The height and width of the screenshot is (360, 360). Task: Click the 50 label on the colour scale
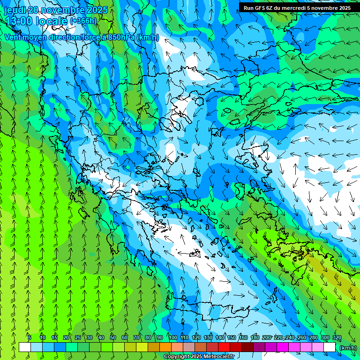pyautogui.click(x=113, y=337)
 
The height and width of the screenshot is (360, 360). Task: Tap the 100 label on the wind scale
pyautogui.click(x=173, y=337)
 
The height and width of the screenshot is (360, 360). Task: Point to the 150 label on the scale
pyautogui.click(x=232, y=337)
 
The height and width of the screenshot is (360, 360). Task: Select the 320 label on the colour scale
pyautogui.click(x=337, y=337)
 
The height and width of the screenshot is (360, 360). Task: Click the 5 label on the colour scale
pyautogui.click(x=30, y=337)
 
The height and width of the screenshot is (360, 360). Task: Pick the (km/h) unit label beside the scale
pyautogui.click(x=348, y=347)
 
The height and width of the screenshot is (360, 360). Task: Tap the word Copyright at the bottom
pyautogui.click(x=177, y=357)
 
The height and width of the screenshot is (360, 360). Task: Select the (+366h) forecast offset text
pyautogui.click(x=83, y=21)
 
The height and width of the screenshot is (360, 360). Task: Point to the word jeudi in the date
pyautogui.click(x=15, y=10)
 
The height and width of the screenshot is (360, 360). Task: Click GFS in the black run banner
pyautogui.click(x=260, y=8)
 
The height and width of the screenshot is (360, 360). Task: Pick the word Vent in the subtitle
pyautogui.click(x=13, y=37)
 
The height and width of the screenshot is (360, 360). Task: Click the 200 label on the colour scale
pyautogui.click(x=267, y=337)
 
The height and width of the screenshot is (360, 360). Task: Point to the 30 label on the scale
pyautogui.click(x=90, y=337)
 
